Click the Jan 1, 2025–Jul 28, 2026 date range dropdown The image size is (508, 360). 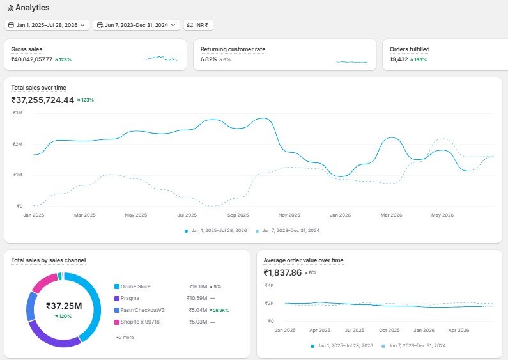click(x=47, y=25)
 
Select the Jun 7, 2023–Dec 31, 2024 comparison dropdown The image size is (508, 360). click(x=136, y=25)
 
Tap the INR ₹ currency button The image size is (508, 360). click(x=198, y=25)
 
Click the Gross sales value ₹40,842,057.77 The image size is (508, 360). click(x=32, y=59)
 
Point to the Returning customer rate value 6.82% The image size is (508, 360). click(x=208, y=59)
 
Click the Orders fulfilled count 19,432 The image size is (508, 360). click(x=399, y=59)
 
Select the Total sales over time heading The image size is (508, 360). click(x=38, y=88)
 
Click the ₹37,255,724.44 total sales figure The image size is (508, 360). click(x=43, y=100)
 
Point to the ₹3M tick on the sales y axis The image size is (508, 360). click(x=17, y=113)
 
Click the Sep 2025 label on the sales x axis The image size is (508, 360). click(x=238, y=215)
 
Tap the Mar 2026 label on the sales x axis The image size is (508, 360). click(x=391, y=215)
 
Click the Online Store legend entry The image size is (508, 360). click(x=132, y=286)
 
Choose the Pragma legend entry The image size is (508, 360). click(x=127, y=299)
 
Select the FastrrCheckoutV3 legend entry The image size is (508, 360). click(x=140, y=310)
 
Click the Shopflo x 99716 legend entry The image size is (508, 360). click(x=137, y=322)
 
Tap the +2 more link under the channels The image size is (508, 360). click(x=125, y=337)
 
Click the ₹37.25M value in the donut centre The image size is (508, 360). click(x=64, y=306)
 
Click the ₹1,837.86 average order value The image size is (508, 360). click(x=282, y=273)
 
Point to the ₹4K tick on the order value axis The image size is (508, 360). click(x=269, y=285)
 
